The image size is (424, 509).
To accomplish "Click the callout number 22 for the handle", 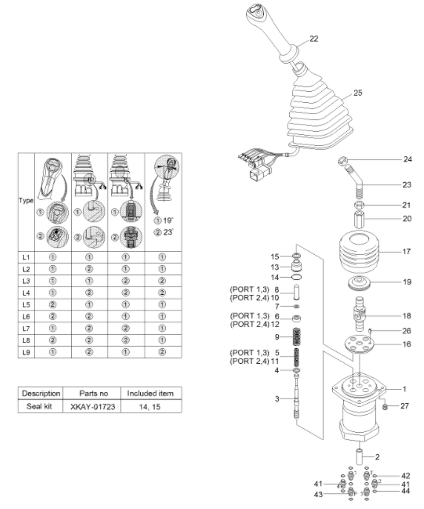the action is coord(314,39).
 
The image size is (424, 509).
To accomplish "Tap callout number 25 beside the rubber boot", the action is coord(357,93).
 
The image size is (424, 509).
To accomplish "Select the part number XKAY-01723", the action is coord(93,407).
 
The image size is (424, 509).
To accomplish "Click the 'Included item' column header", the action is coord(150,393).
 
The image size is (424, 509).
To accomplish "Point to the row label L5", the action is coord(26,305).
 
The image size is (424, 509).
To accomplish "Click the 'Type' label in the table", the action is coord(26,200).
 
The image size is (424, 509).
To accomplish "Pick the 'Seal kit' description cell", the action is coord(39,406).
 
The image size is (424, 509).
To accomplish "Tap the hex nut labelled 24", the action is coord(343,160).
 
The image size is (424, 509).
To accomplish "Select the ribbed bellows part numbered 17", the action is coord(359,252).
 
